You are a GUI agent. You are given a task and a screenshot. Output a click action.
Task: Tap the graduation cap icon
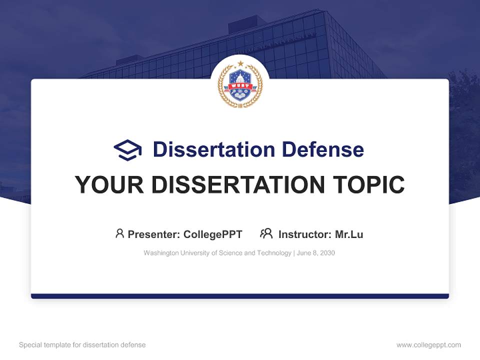click(127, 149)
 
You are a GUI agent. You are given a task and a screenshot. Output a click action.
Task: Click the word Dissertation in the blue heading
click(213, 149)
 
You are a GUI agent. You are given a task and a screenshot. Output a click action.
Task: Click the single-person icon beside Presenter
click(119, 233)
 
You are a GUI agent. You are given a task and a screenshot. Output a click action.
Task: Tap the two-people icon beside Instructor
click(266, 233)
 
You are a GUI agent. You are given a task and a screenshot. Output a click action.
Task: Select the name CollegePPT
click(213, 234)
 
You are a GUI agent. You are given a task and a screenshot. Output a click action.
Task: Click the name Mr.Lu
click(349, 234)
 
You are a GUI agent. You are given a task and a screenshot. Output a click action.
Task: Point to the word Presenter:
click(154, 234)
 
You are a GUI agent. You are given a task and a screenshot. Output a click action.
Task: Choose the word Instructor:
click(304, 234)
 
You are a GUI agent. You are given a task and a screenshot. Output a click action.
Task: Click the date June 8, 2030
click(316, 253)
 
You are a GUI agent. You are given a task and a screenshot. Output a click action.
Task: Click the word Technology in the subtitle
click(274, 253)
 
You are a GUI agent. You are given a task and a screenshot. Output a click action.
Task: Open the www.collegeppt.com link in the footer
click(428, 345)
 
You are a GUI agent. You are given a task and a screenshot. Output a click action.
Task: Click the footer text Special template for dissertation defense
click(82, 345)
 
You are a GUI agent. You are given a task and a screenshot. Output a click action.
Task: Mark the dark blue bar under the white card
click(240, 296)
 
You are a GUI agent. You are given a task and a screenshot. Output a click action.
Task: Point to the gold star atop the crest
click(240, 63)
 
